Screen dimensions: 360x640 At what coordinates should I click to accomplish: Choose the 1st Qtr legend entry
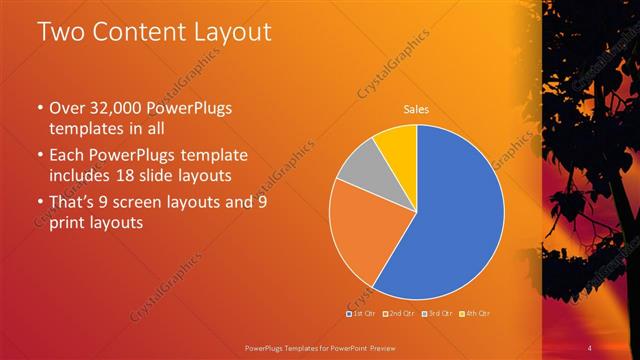(x=361, y=314)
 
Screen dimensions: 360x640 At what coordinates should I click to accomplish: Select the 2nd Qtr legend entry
(x=399, y=314)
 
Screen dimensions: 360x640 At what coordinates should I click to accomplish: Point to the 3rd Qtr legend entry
(x=437, y=314)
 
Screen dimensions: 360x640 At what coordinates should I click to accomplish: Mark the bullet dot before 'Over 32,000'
(x=39, y=109)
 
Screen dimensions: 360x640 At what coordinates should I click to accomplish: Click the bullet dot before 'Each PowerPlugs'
(x=39, y=157)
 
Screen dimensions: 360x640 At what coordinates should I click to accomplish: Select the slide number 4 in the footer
(x=590, y=347)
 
